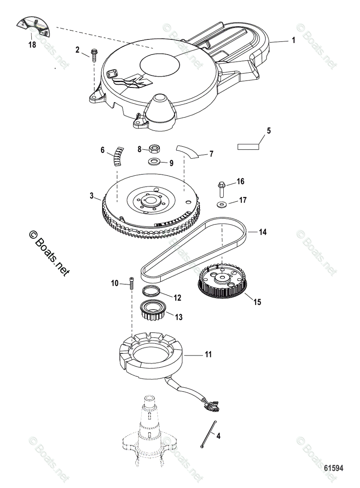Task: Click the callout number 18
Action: click(x=32, y=45)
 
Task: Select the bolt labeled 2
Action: click(x=94, y=54)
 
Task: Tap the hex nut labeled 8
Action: click(x=154, y=149)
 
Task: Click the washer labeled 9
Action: click(x=154, y=162)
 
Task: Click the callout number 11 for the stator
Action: click(x=208, y=355)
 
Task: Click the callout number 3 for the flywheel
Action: click(x=92, y=196)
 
